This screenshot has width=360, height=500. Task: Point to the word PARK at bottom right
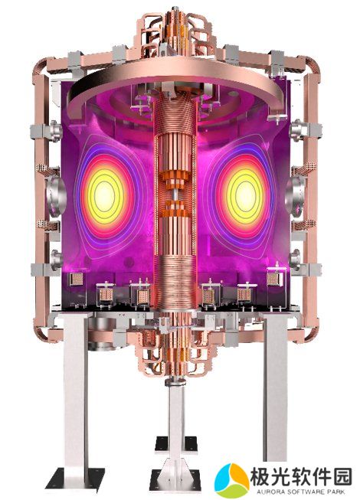335,492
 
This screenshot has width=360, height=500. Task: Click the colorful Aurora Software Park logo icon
232,479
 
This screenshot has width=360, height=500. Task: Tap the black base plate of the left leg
76,478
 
